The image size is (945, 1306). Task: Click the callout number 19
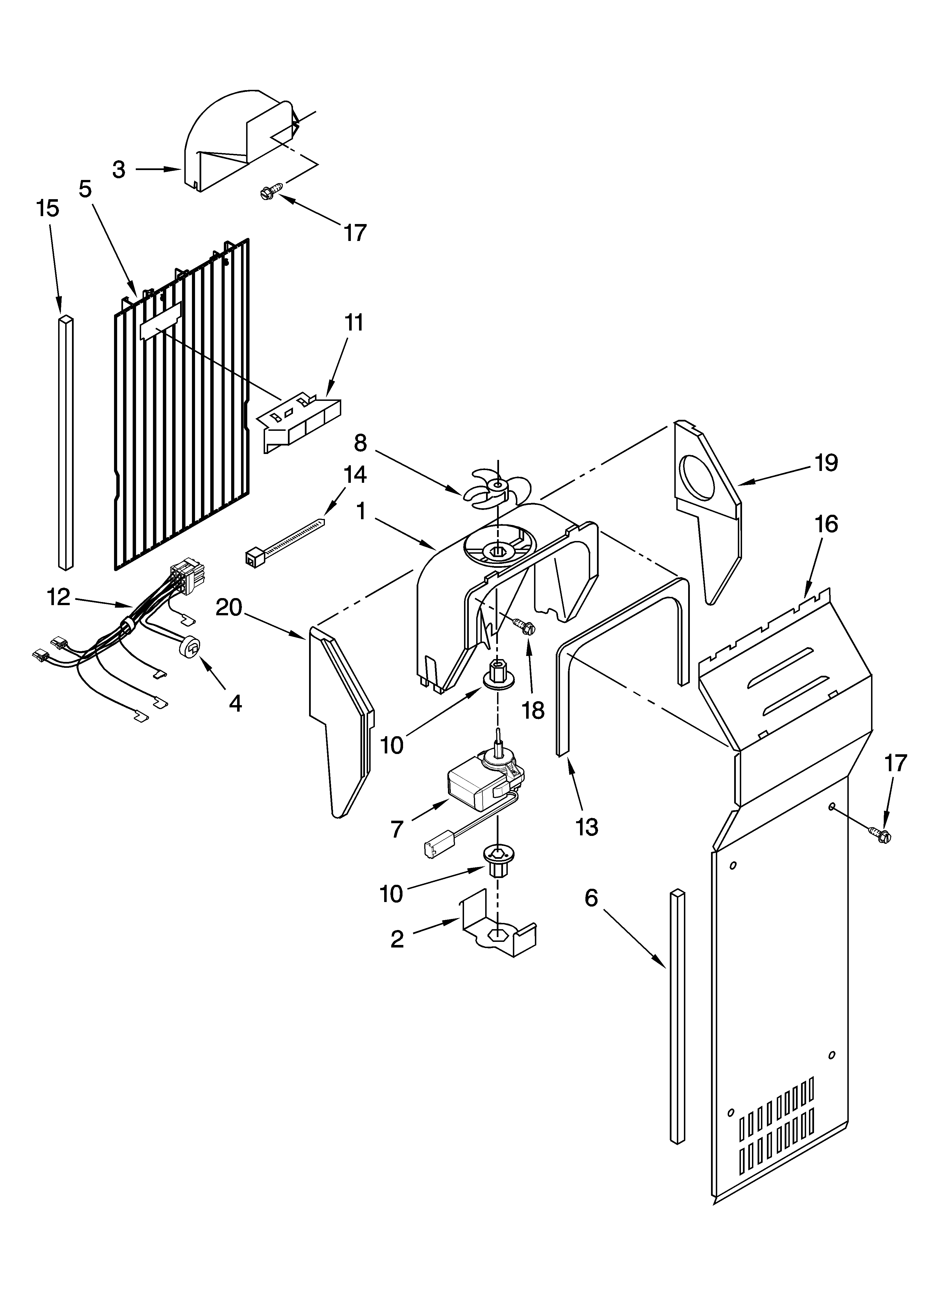click(826, 463)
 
